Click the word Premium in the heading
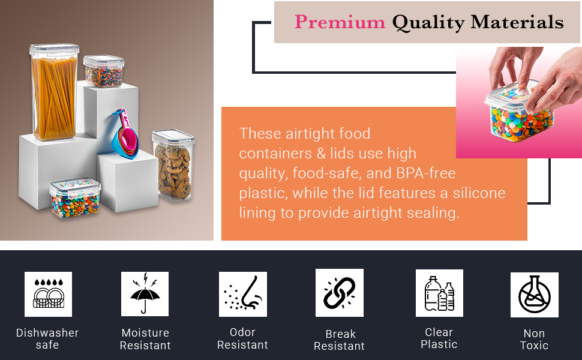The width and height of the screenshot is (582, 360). pos(340,22)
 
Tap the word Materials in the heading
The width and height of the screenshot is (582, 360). pos(517,22)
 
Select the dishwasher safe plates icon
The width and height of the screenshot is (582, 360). pos(48,294)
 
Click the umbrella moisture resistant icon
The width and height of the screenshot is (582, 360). pos(145,294)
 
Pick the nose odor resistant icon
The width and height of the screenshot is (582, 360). pos(242,294)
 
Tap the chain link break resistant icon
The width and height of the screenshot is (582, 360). pos(339,293)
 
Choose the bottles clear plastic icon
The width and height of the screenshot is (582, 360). pos(439,293)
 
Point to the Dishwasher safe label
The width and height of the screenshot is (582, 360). pos(47,339)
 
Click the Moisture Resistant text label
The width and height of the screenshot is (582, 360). pos(145,339)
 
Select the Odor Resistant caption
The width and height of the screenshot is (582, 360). pos(242,338)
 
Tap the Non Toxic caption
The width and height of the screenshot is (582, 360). pos(534,340)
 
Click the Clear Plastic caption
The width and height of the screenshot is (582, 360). pos(439,338)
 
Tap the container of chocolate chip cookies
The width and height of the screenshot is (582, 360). pos(173,165)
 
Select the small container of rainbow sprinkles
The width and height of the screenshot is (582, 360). pos(103,71)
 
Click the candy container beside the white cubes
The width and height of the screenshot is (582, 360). pos(74,198)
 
